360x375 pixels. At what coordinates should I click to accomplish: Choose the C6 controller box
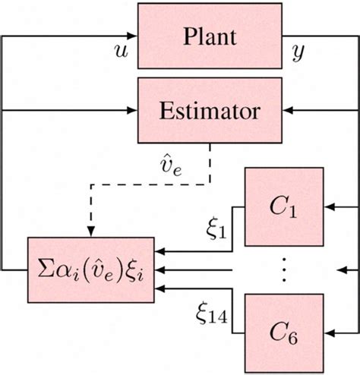pos(283,330)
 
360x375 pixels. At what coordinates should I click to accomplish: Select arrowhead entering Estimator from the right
pos(287,111)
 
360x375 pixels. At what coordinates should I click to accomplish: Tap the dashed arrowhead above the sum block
pos(90,231)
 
